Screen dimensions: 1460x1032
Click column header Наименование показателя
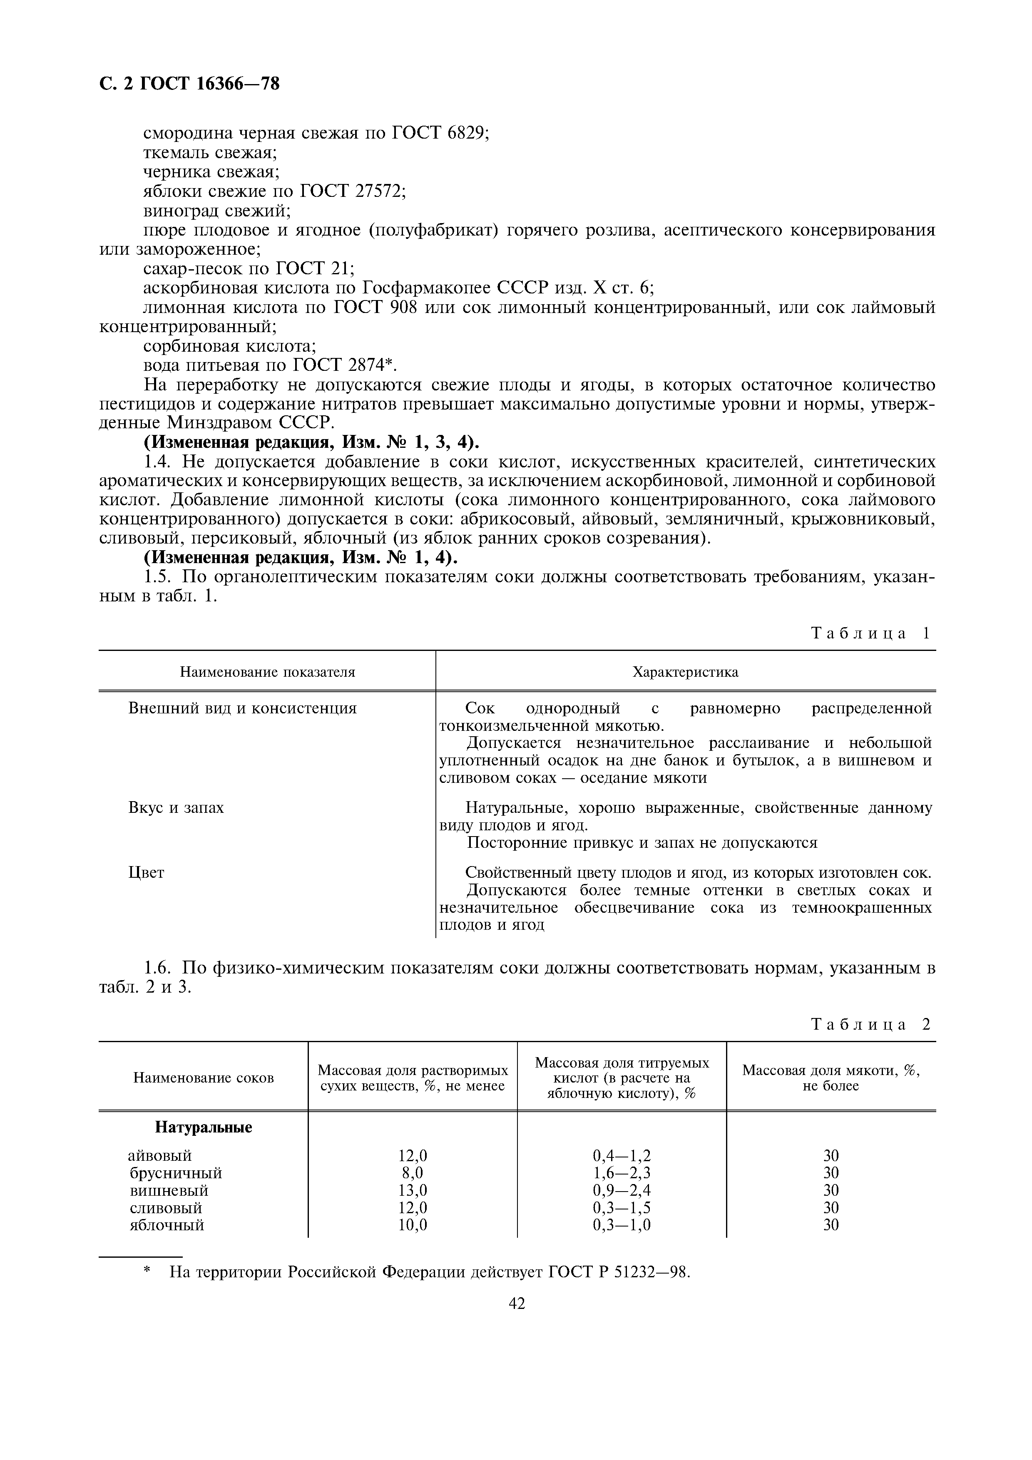click(267, 672)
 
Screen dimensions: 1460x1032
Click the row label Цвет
click(146, 873)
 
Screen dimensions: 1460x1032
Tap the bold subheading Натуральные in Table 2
click(204, 1127)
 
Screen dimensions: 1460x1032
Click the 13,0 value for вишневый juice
click(413, 1190)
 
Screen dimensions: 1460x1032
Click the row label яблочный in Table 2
click(167, 1225)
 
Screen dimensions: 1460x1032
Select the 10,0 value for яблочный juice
click(413, 1225)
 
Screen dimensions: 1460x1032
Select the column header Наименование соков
click(204, 1078)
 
